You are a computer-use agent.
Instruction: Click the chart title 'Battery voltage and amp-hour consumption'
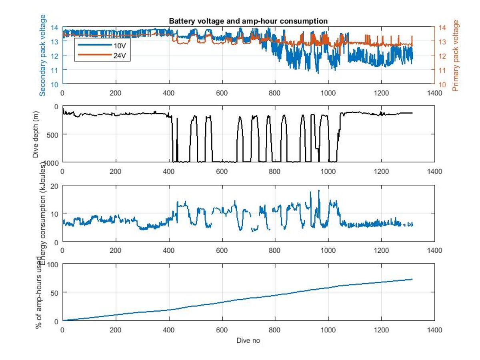[x=248, y=21]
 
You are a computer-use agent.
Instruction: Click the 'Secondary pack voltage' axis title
[x=42, y=55]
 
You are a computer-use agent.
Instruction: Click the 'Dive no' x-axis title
[x=248, y=341]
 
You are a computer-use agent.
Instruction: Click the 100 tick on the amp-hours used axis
[x=54, y=264]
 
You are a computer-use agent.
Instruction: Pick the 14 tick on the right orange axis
[x=442, y=28]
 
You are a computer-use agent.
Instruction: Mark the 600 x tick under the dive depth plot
[x=222, y=171]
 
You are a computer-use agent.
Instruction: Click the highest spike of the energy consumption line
[x=319, y=190]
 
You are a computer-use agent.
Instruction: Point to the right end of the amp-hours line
[x=412, y=279]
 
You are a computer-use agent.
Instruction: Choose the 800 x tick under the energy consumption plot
[x=275, y=250]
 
